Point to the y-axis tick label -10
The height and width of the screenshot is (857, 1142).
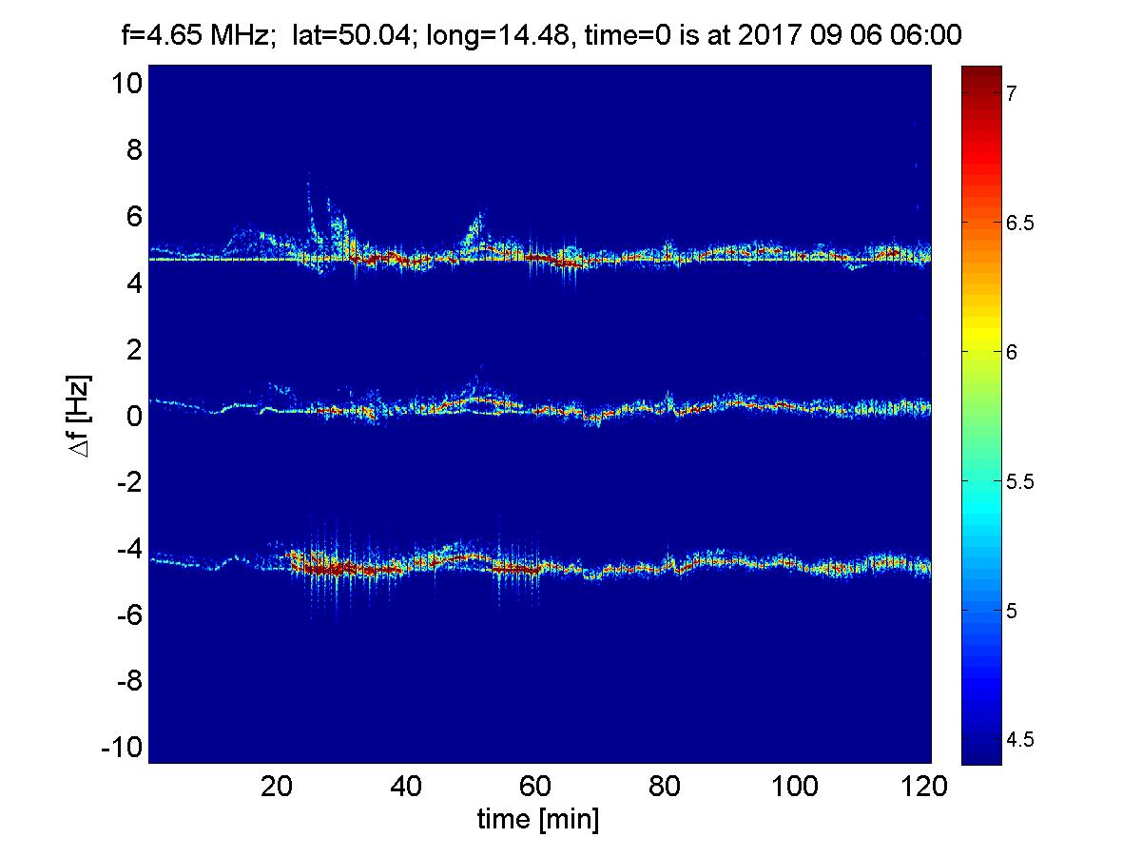(x=122, y=748)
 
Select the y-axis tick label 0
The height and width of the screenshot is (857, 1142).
(x=133, y=416)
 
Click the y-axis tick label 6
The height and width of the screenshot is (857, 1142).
(x=133, y=217)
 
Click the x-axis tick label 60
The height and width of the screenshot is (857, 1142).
(x=536, y=788)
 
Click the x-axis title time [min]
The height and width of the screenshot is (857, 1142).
(x=538, y=819)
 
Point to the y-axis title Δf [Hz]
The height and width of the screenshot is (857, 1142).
(x=82, y=416)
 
